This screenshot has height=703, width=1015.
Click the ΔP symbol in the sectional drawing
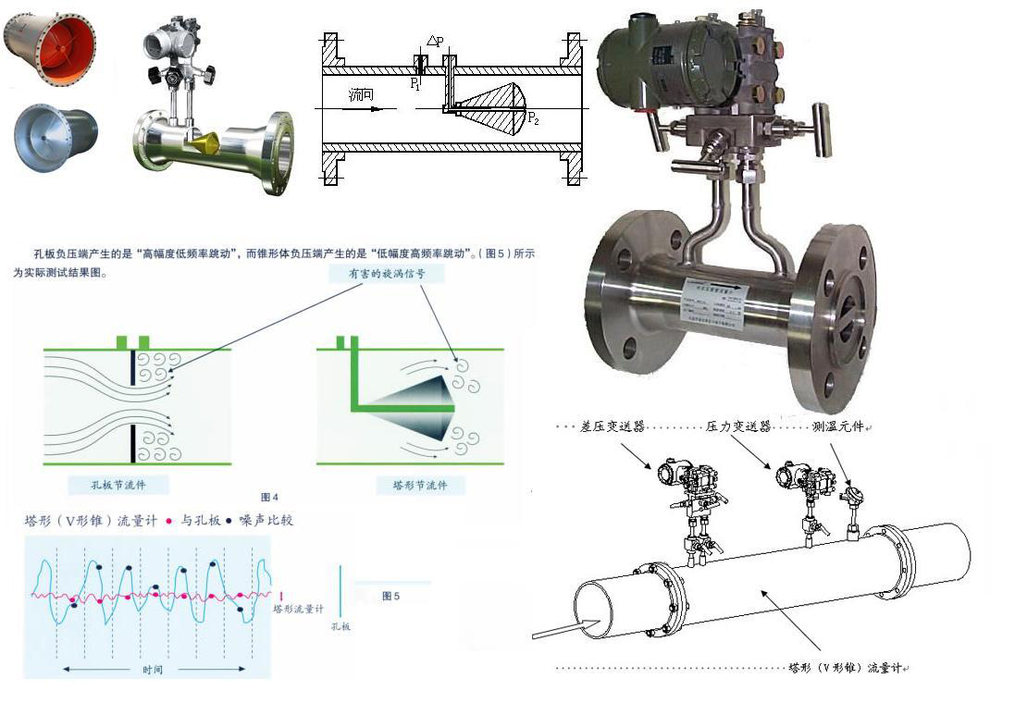point(434,42)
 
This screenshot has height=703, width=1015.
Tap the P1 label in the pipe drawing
point(415,83)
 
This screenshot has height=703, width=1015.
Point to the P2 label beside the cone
point(534,117)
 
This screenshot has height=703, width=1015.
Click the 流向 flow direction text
point(362,95)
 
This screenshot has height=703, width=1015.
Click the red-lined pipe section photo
point(50,49)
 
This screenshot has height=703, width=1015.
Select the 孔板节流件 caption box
point(120,485)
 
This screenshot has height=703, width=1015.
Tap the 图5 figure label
point(391,596)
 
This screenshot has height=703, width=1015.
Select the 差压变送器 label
point(612,426)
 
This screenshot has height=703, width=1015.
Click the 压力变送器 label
point(738,426)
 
